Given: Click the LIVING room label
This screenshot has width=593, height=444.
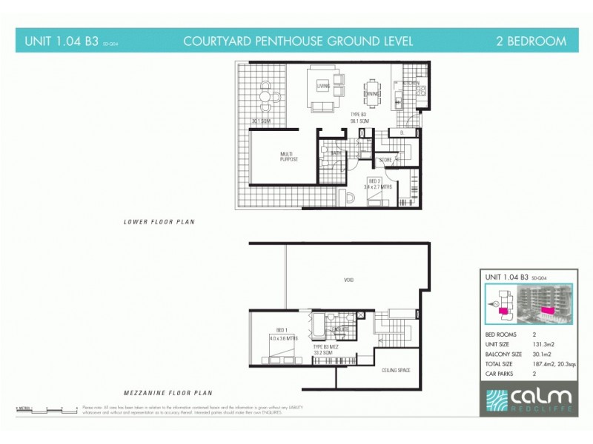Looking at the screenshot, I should pos(323,87).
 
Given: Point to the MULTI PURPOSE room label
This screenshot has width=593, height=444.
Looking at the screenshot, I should pos(288,157).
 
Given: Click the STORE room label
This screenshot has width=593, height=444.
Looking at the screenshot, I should pos(385,159).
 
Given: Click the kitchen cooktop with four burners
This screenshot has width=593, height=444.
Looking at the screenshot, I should pos(421,91).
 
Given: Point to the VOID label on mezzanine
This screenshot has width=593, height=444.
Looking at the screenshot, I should pos(349,280).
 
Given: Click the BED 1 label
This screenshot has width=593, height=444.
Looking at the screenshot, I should pos(281,330).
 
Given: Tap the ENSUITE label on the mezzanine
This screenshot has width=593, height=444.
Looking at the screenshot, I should pos(342,329).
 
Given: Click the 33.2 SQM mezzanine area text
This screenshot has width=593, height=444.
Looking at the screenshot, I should pos(323,353).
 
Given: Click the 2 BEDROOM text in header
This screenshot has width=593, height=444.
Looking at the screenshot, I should pos(531,41).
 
